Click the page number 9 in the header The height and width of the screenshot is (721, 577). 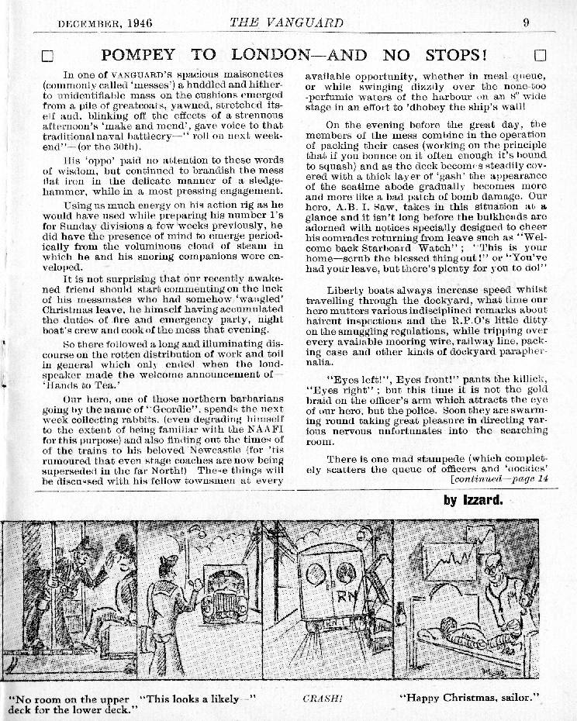pos(526,22)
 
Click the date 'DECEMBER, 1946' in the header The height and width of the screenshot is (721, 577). pos(105,23)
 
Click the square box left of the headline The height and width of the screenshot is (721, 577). pos(47,56)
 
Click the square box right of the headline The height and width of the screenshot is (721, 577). pos(541,55)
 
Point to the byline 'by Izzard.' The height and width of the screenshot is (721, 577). pos(473,500)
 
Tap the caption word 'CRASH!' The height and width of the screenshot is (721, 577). pos(322,698)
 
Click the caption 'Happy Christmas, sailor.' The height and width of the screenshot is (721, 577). pos(470,698)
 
